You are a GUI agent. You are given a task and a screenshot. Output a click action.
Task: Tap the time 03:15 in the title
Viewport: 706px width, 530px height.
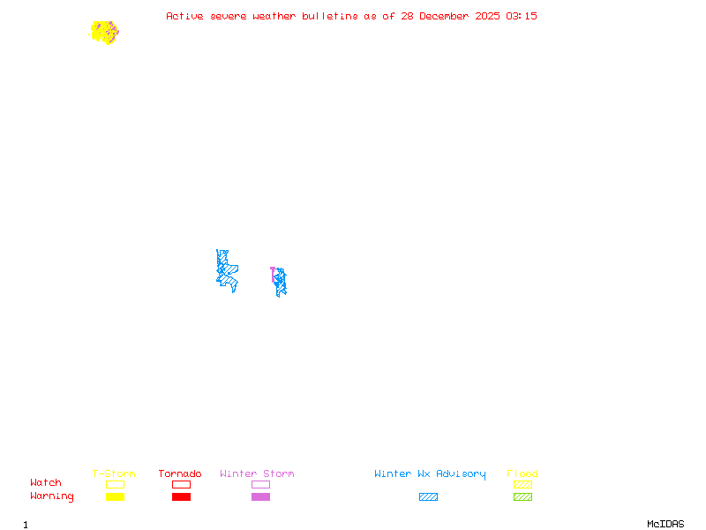point(522,16)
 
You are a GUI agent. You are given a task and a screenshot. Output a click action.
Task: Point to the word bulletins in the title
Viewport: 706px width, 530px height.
point(330,16)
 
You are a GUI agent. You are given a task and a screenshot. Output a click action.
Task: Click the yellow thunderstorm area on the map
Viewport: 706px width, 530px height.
point(102,32)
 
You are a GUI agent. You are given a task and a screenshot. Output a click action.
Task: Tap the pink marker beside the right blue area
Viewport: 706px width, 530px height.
point(273,271)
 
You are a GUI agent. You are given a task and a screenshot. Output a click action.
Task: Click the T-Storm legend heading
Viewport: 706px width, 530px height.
point(114,473)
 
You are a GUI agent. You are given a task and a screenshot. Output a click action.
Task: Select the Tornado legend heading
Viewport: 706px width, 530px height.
point(180,473)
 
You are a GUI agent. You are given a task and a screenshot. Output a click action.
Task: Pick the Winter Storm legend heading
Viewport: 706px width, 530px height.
point(257,473)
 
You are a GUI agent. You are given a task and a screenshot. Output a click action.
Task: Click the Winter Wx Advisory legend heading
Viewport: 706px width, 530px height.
point(430,473)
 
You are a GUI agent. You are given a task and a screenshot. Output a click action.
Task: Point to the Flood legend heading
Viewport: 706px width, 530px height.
point(522,473)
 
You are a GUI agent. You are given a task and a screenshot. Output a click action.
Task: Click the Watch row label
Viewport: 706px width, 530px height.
point(46,483)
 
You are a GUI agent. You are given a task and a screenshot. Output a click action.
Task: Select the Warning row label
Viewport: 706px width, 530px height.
point(52,496)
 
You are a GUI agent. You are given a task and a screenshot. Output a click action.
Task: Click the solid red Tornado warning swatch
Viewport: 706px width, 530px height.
point(181,496)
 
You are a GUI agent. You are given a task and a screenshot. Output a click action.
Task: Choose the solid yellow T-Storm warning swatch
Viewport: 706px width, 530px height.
point(115,496)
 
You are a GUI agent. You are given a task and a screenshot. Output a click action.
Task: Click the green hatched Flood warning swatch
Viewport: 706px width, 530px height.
point(522,496)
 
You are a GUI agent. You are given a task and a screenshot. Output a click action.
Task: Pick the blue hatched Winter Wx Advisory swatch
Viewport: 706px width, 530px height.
point(428,496)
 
